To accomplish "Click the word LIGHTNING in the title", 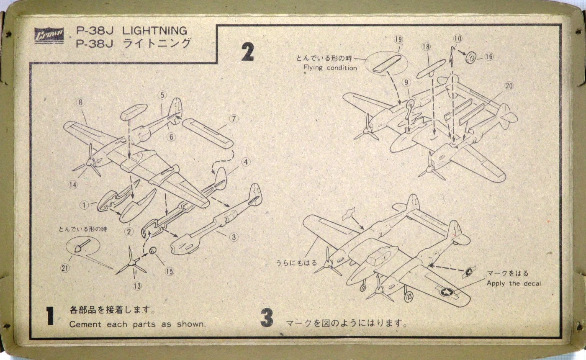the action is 154,31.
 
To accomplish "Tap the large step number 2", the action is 247,52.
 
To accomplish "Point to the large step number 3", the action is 267,318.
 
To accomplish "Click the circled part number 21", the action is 64,268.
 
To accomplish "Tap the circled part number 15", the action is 170,272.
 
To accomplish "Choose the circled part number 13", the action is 138,286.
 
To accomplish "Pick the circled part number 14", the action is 73,185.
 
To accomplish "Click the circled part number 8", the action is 80,102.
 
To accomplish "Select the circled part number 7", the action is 234,119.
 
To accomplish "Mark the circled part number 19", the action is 398,39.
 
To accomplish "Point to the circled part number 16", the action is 489,57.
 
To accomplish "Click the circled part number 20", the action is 509,86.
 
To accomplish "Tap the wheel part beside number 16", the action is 470,57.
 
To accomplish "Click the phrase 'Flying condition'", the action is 330,68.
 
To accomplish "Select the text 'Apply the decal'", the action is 514,284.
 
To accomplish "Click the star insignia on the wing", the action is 446,291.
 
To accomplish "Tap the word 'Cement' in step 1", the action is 85,324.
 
